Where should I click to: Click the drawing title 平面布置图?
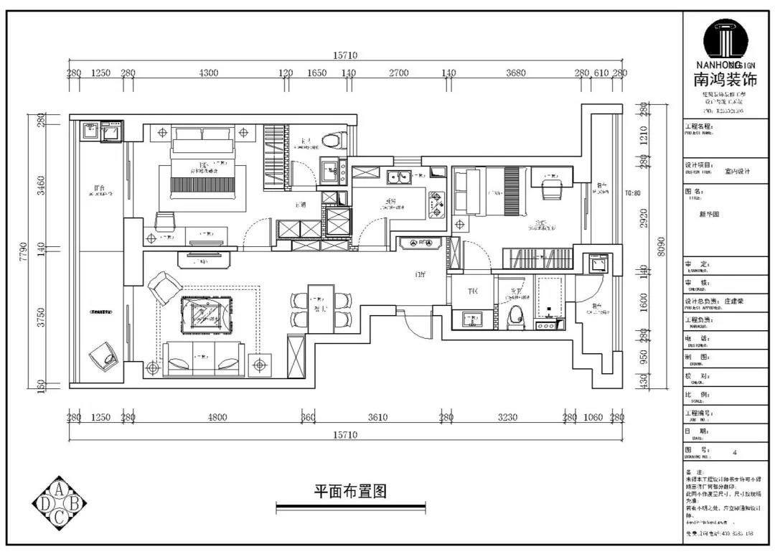point(350,492)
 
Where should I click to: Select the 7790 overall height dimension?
point(23,251)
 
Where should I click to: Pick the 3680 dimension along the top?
point(515,73)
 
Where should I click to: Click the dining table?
point(321,309)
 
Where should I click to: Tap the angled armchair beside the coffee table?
point(164,288)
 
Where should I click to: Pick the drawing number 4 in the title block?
point(734,453)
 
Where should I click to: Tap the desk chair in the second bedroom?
point(551,189)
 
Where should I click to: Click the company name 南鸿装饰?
point(725,80)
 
